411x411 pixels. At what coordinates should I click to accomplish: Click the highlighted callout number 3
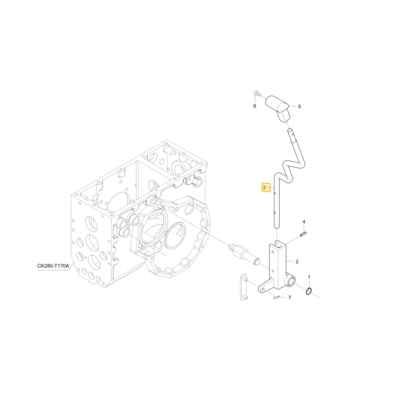tap(264, 188)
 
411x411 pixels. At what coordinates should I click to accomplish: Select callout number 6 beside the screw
tap(254, 106)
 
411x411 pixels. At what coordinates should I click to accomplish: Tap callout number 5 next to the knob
tap(299, 107)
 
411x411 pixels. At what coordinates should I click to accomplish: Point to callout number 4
tap(304, 222)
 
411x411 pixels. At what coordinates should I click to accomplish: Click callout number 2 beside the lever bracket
tap(297, 261)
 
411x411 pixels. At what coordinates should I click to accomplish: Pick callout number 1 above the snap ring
tap(309, 277)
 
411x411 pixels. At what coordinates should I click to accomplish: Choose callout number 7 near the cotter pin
tap(290, 298)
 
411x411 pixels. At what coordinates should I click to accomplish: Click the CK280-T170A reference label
tap(53, 266)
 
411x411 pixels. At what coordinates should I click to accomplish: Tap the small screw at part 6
tap(256, 93)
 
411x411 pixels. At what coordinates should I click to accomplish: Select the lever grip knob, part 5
tap(278, 108)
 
